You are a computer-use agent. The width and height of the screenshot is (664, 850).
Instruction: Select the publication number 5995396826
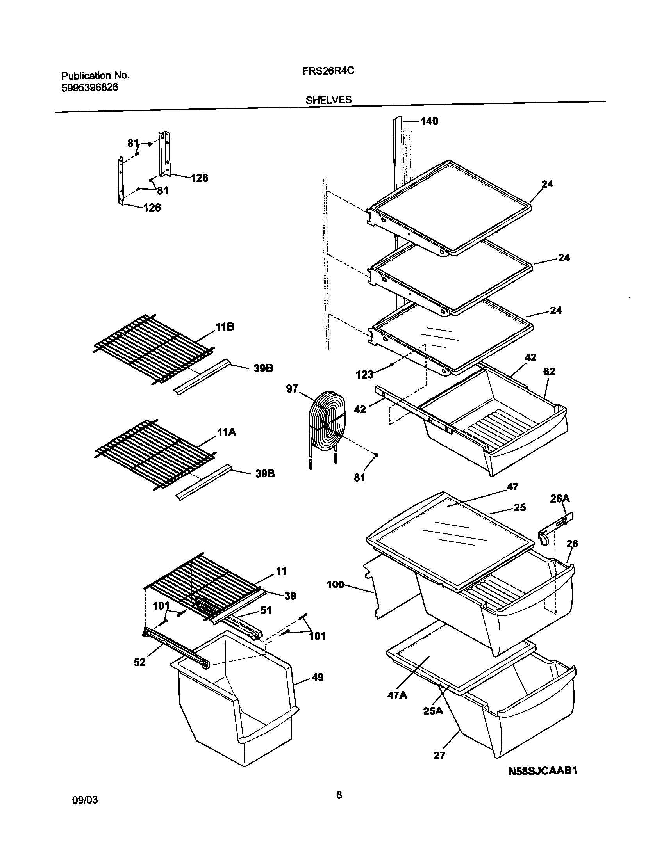point(90,87)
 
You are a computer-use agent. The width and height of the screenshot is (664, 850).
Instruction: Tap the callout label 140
point(429,121)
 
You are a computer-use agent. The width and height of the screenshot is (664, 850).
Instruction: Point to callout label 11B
point(225,327)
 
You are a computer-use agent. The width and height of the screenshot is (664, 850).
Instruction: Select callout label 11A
point(225,432)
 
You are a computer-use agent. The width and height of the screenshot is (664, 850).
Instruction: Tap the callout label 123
point(364,375)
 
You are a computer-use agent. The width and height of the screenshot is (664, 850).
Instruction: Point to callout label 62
point(549,372)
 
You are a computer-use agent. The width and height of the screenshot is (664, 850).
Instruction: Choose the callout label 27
point(439,755)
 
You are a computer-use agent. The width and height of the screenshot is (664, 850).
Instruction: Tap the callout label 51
point(266,610)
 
